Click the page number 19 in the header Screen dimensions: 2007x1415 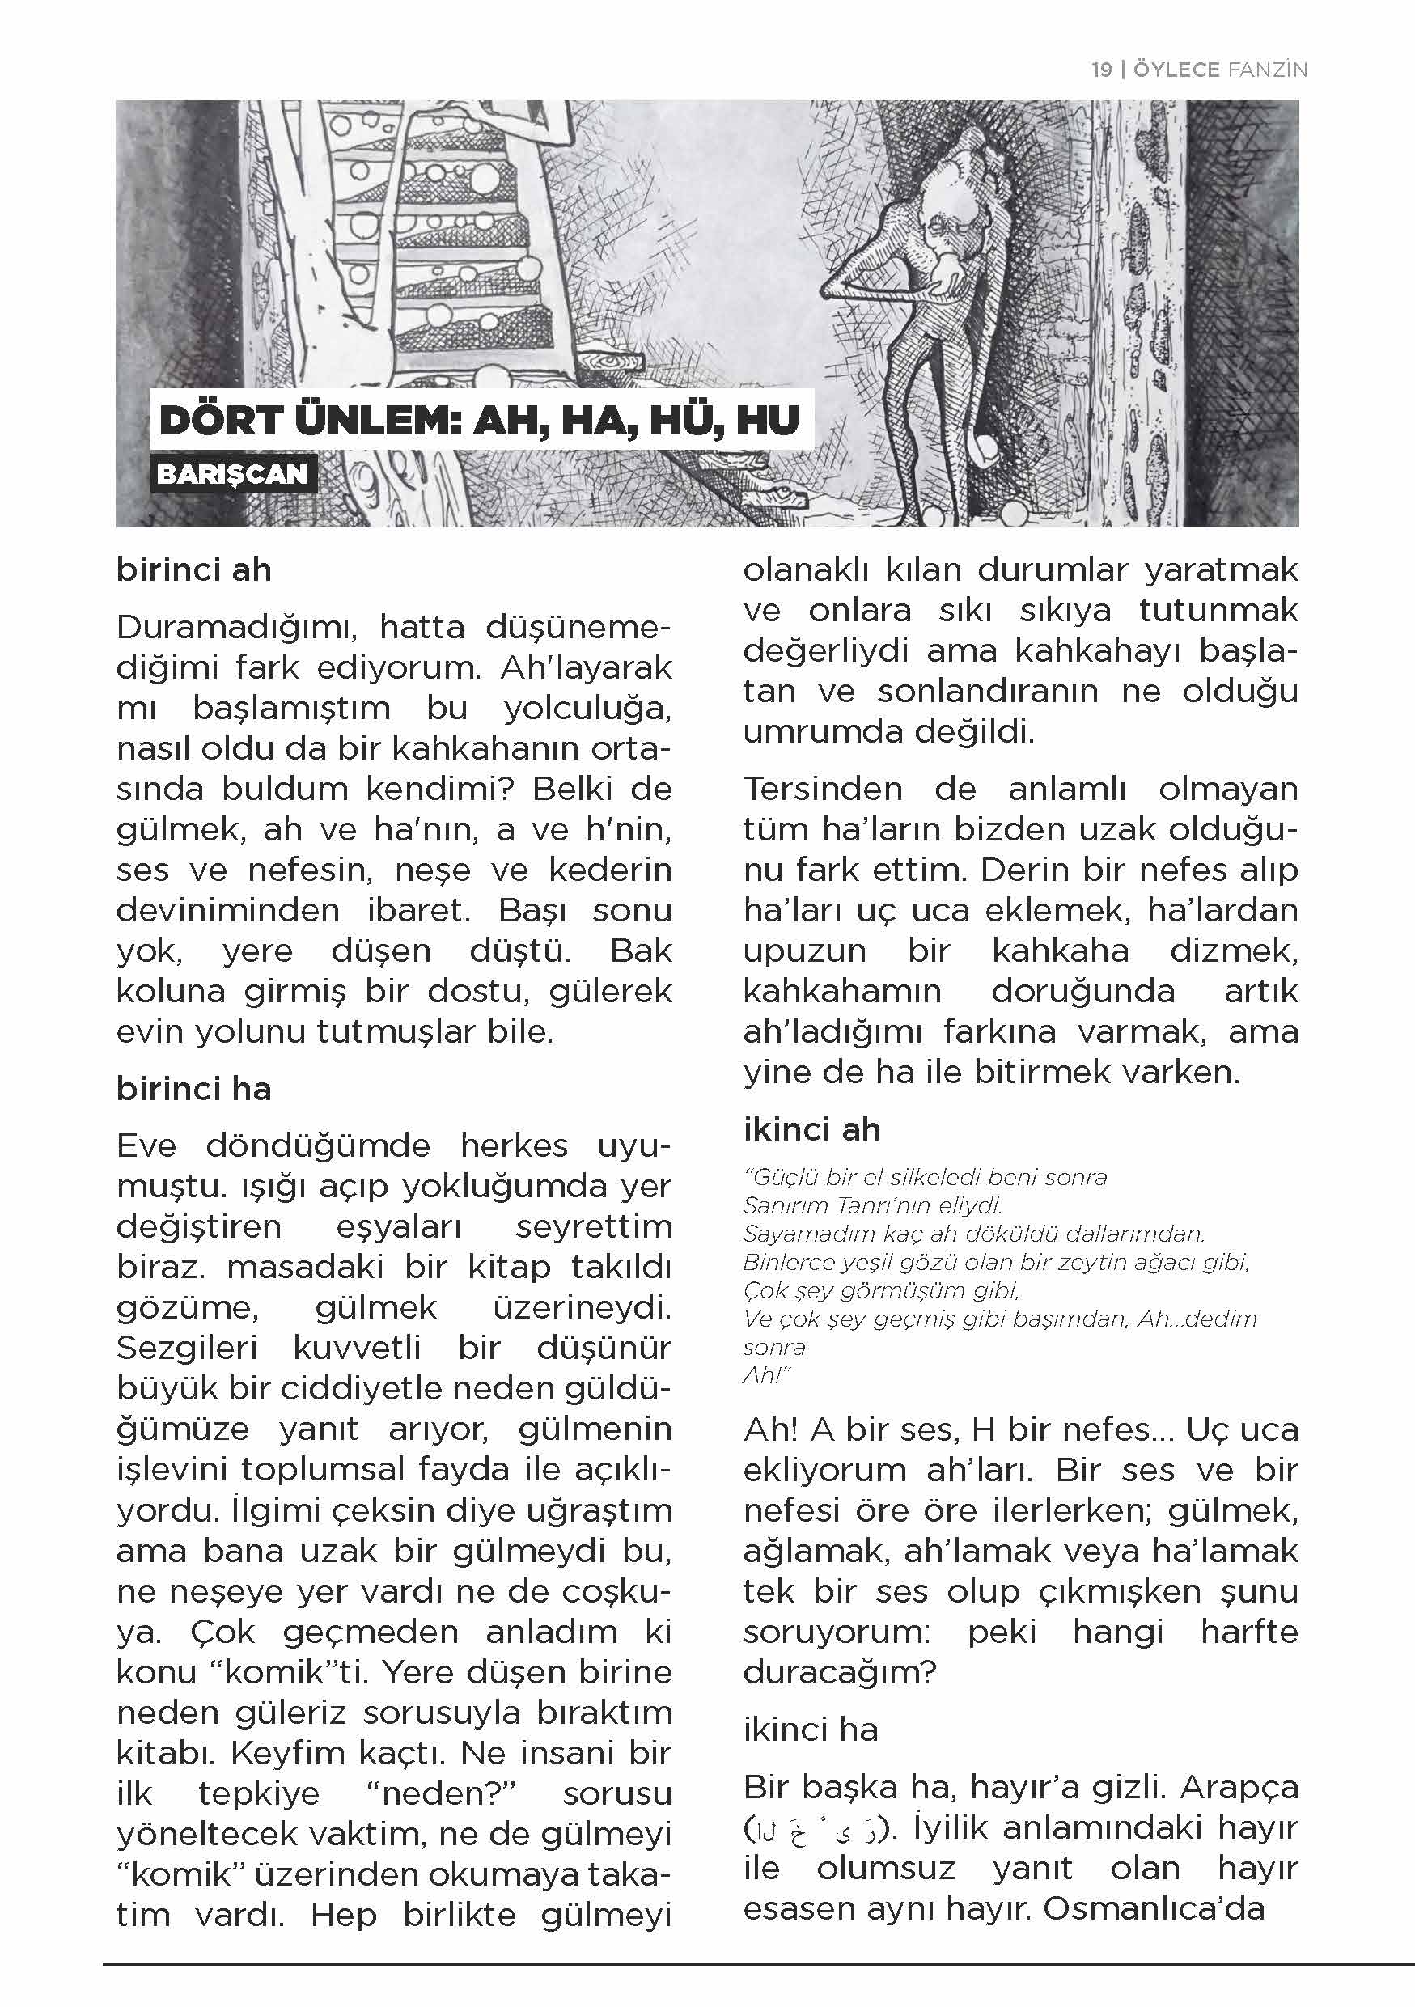(x=1101, y=69)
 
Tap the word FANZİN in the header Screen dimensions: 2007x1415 (x=1266, y=69)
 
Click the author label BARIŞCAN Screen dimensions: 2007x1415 (x=232, y=475)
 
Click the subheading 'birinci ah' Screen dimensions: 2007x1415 (x=194, y=570)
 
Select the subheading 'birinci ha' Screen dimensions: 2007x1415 (x=194, y=1089)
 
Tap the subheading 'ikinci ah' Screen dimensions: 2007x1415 (x=811, y=1129)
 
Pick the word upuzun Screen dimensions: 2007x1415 (x=804, y=951)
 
